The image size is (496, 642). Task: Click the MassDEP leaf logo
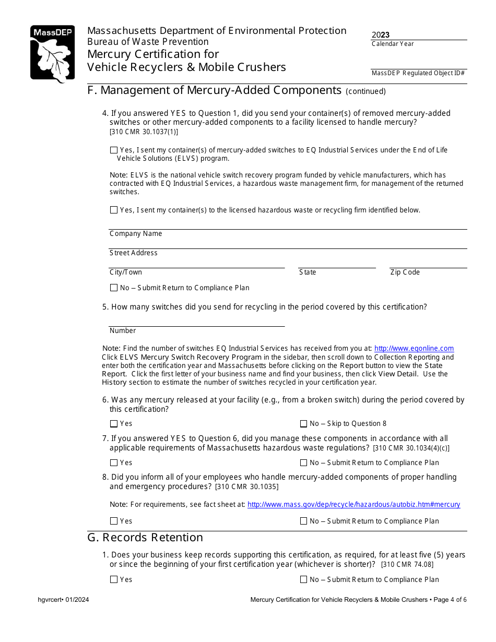coord(52,54)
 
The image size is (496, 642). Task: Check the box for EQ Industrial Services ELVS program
coord(114,150)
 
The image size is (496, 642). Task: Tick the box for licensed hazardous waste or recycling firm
coord(114,210)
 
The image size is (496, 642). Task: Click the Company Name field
coord(287,224)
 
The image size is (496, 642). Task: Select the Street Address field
coord(287,244)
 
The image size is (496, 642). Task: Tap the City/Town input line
coord(196,263)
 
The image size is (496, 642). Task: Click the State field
coord(337,263)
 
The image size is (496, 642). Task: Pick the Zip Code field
coord(428,263)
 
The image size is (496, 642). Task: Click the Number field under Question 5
coord(196,322)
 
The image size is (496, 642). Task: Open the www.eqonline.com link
coord(414,349)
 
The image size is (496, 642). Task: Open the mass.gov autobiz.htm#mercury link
coord(353,505)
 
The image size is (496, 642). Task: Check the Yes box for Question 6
coord(114,424)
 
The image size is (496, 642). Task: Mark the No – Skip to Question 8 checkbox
coord(303,424)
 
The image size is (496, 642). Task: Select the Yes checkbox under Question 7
coord(114,463)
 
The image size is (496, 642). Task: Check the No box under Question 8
coord(303,521)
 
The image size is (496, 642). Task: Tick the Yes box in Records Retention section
coord(114,580)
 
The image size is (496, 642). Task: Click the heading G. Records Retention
coord(145,538)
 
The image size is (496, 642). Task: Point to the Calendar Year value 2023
coord(381,35)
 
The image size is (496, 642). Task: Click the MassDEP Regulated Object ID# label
coord(418,73)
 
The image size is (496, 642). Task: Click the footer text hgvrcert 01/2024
coord(63,600)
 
